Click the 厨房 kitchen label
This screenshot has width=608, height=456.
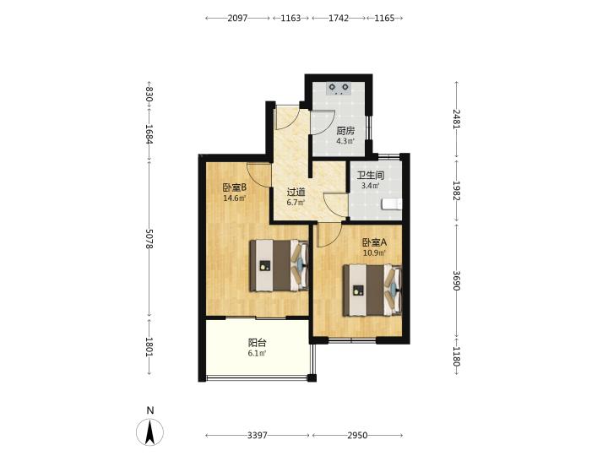pyautogui.click(x=345, y=131)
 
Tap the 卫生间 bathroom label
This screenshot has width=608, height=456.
pyautogui.click(x=371, y=176)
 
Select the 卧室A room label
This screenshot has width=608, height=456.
pyautogui.click(x=375, y=242)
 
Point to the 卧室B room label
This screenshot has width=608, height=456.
pyautogui.click(x=235, y=187)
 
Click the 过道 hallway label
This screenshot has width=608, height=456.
pyautogui.click(x=296, y=192)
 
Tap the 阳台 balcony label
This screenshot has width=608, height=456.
pyautogui.click(x=257, y=343)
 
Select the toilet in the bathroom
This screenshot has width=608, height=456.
pyautogui.click(x=392, y=204)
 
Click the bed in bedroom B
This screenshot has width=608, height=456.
pyautogui.click(x=280, y=266)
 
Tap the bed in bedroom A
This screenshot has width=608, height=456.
pyautogui.click(x=372, y=290)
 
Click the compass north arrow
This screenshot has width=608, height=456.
pyautogui.click(x=149, y=432)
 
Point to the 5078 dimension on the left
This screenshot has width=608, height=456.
pyautogui.click(x=149, y=238)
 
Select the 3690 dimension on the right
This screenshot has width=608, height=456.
pyautogui.click(x=456, y=280)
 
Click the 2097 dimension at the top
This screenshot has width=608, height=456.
pyautogui.click(x=237, y=18)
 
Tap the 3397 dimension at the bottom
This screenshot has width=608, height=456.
pyautogui.click(x=258, y=436)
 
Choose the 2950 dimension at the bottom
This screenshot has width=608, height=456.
pyautogui.click(x=357, y=436)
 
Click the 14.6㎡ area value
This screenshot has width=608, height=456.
pyautogui.click(x=234, y=198)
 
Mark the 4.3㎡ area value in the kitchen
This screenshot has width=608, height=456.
pyautogui.click(x=345, y=141)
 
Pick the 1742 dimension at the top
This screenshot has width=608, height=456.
pyautogui.click(x=339, y=18)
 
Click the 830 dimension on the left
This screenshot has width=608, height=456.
pyautogui.click(x=149, y=95)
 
